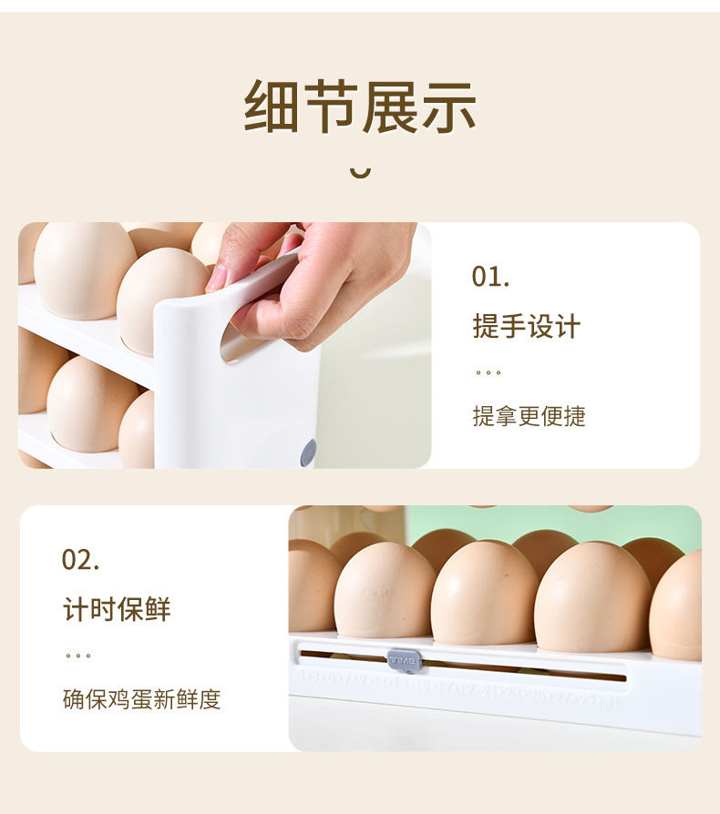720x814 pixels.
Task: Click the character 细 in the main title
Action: tap(272, 107)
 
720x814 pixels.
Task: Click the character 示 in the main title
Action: tap(448, 107)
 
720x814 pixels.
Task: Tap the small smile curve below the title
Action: tap(361, 171)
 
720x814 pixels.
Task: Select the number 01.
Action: tap(490, 277)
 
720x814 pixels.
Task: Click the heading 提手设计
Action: tap(526, 326)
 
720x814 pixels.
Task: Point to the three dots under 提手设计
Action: tap(488, 372)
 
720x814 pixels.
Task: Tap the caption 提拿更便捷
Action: tap(529, 416)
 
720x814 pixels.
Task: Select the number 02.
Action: tap(80, 559)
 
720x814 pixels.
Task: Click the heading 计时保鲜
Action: tap(117, 609)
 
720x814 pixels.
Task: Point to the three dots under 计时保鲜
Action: tap(78, 656)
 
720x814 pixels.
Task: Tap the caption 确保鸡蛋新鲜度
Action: tap(141, 699)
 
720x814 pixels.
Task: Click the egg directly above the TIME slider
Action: tap(384, 592)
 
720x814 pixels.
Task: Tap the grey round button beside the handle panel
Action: tap(308, 452)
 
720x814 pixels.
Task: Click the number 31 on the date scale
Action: tap(612, 700)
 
